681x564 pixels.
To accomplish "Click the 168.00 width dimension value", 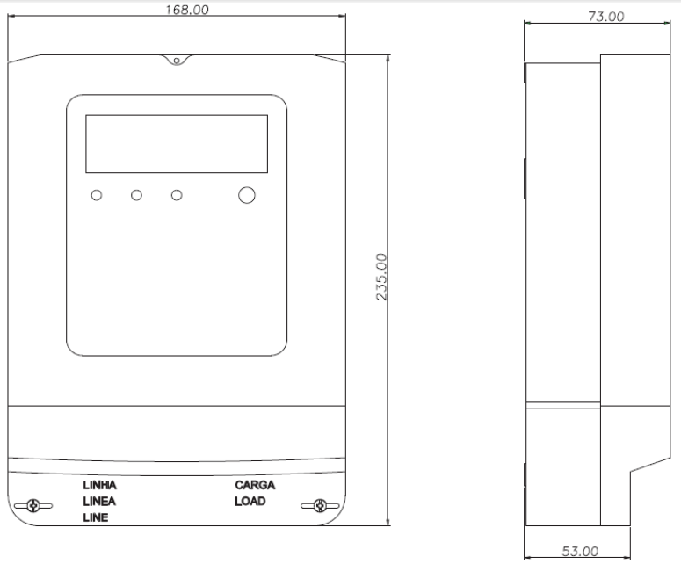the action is pyautogui.click(x=187, y=10).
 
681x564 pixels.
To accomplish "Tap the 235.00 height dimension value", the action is pyautogui.click(x=381, y=277).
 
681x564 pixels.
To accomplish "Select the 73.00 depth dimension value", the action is pyautogui.click(x=605, y=17).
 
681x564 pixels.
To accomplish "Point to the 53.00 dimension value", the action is pyautogui.click(x=580, y=552).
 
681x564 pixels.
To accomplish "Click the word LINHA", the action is pyautogui.click(x=99, y=485).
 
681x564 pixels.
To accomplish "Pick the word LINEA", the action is pyautogui.click(x=99, y=502).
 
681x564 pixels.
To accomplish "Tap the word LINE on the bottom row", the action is pyautogui.click(x=96, y=517).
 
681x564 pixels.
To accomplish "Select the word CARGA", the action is pyautogui.click(x=255, y=485).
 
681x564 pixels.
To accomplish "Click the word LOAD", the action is pyautogui.click(x=250, y=502).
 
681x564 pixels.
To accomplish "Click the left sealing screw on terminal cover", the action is pyautogui.click(x=33, y=505).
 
